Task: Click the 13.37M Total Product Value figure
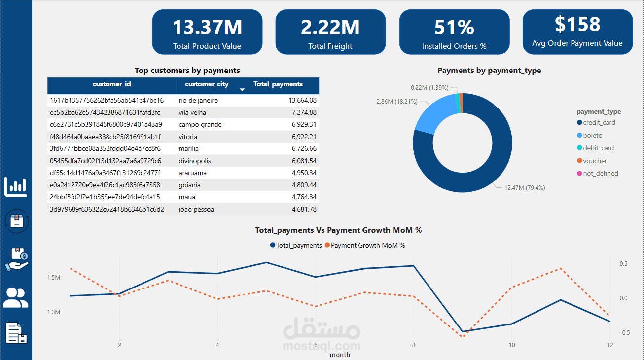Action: click(x=207, y=27)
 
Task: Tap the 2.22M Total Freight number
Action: click(x=330, y=27)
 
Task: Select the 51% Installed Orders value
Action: click(x=454, y=27)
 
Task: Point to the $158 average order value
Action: click(x=577, y=24)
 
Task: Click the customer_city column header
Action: click(x=207, y=84)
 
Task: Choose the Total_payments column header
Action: click(x=278, y=84)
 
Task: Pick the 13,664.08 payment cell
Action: click(x=302, y=101)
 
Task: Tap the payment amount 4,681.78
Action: click(x=304, y=209)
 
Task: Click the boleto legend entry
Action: click(x=592, y=136)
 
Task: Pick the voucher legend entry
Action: click(x=595, y=161)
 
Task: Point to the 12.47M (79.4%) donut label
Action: click(x=524, y=188)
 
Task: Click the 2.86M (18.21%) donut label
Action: click(x=397, y=102)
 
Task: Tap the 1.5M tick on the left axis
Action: click(x=54, y=278)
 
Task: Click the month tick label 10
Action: click(x=512, y=345)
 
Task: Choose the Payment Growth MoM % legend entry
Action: click(x=368, y=245)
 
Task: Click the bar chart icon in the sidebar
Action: click(x=16, y=186)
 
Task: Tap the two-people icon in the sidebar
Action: click(x=16, y=297)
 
